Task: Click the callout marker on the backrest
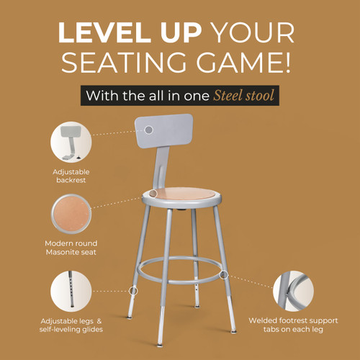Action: [x=149, y=129]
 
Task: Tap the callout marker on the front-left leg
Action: [x=133, y=290]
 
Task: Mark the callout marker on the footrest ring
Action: [x=225, y=274]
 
